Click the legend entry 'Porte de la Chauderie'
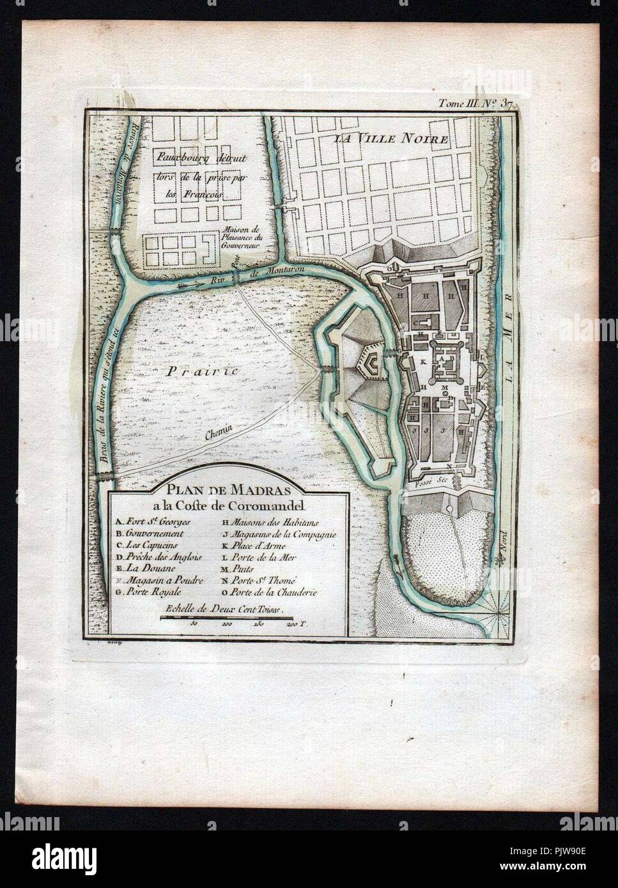[x=279, y=592]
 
